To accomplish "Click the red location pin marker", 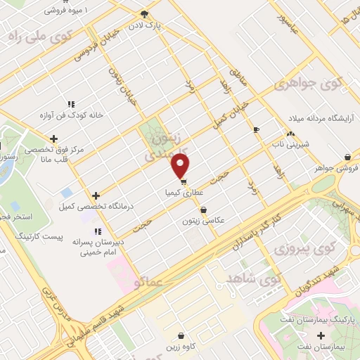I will pos(181,166).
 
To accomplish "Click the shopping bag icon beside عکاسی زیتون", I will pos(204,210).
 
